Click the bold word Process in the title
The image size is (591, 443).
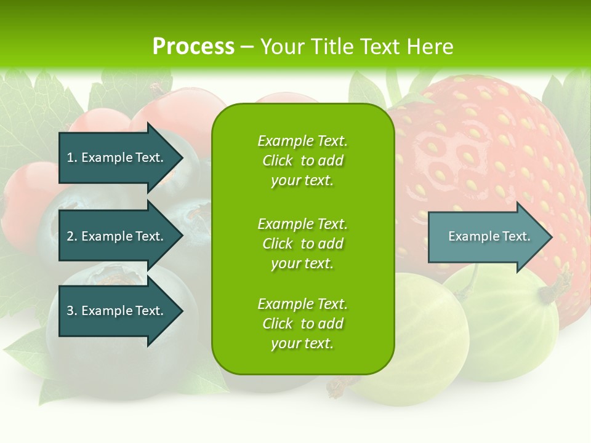(193, 46)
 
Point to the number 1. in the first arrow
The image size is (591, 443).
(72, 158)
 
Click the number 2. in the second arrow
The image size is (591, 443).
(72, 236)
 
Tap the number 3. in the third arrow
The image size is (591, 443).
(72, 311)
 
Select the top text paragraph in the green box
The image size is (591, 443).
(302, 161)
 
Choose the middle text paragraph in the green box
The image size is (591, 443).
(302, 244)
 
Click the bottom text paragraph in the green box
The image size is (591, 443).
(302, 324)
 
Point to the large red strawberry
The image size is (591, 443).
(492, 154)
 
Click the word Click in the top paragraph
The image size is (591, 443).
(278, 161)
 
